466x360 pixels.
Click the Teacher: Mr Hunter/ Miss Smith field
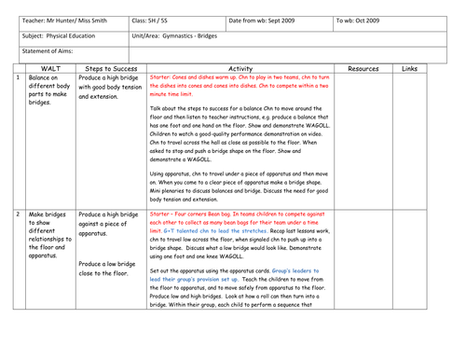(61, 19)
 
